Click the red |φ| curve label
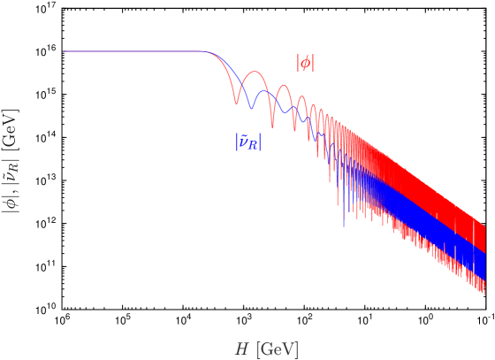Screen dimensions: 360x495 pyautogui.click(x=305, y=63)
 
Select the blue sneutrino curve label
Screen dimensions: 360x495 pyautogui.click(x=248, y=141)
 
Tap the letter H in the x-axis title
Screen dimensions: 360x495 pyautogui.click(x=240, y=349)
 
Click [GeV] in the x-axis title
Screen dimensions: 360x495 pyautogui.click(x=277, y=349)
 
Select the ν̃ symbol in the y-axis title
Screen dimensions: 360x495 pyautogui.click(x=11, y=176)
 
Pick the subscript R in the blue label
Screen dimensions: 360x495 pyautogui.click(x=255, y=145)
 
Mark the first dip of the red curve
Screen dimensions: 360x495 pyautogui.click(x=236, y=103)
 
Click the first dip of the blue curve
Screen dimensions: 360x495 pyautogui.click(x=251, y=109)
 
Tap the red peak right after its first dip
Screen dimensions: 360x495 pyautogui.click(x=254, y=71)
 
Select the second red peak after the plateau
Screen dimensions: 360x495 pyautogui.click(x=283, y=86)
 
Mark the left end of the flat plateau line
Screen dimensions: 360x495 pyautogui.click(x=64, y=51)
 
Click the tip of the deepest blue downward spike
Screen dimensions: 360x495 pyautogui.click(x=343, y=226)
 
